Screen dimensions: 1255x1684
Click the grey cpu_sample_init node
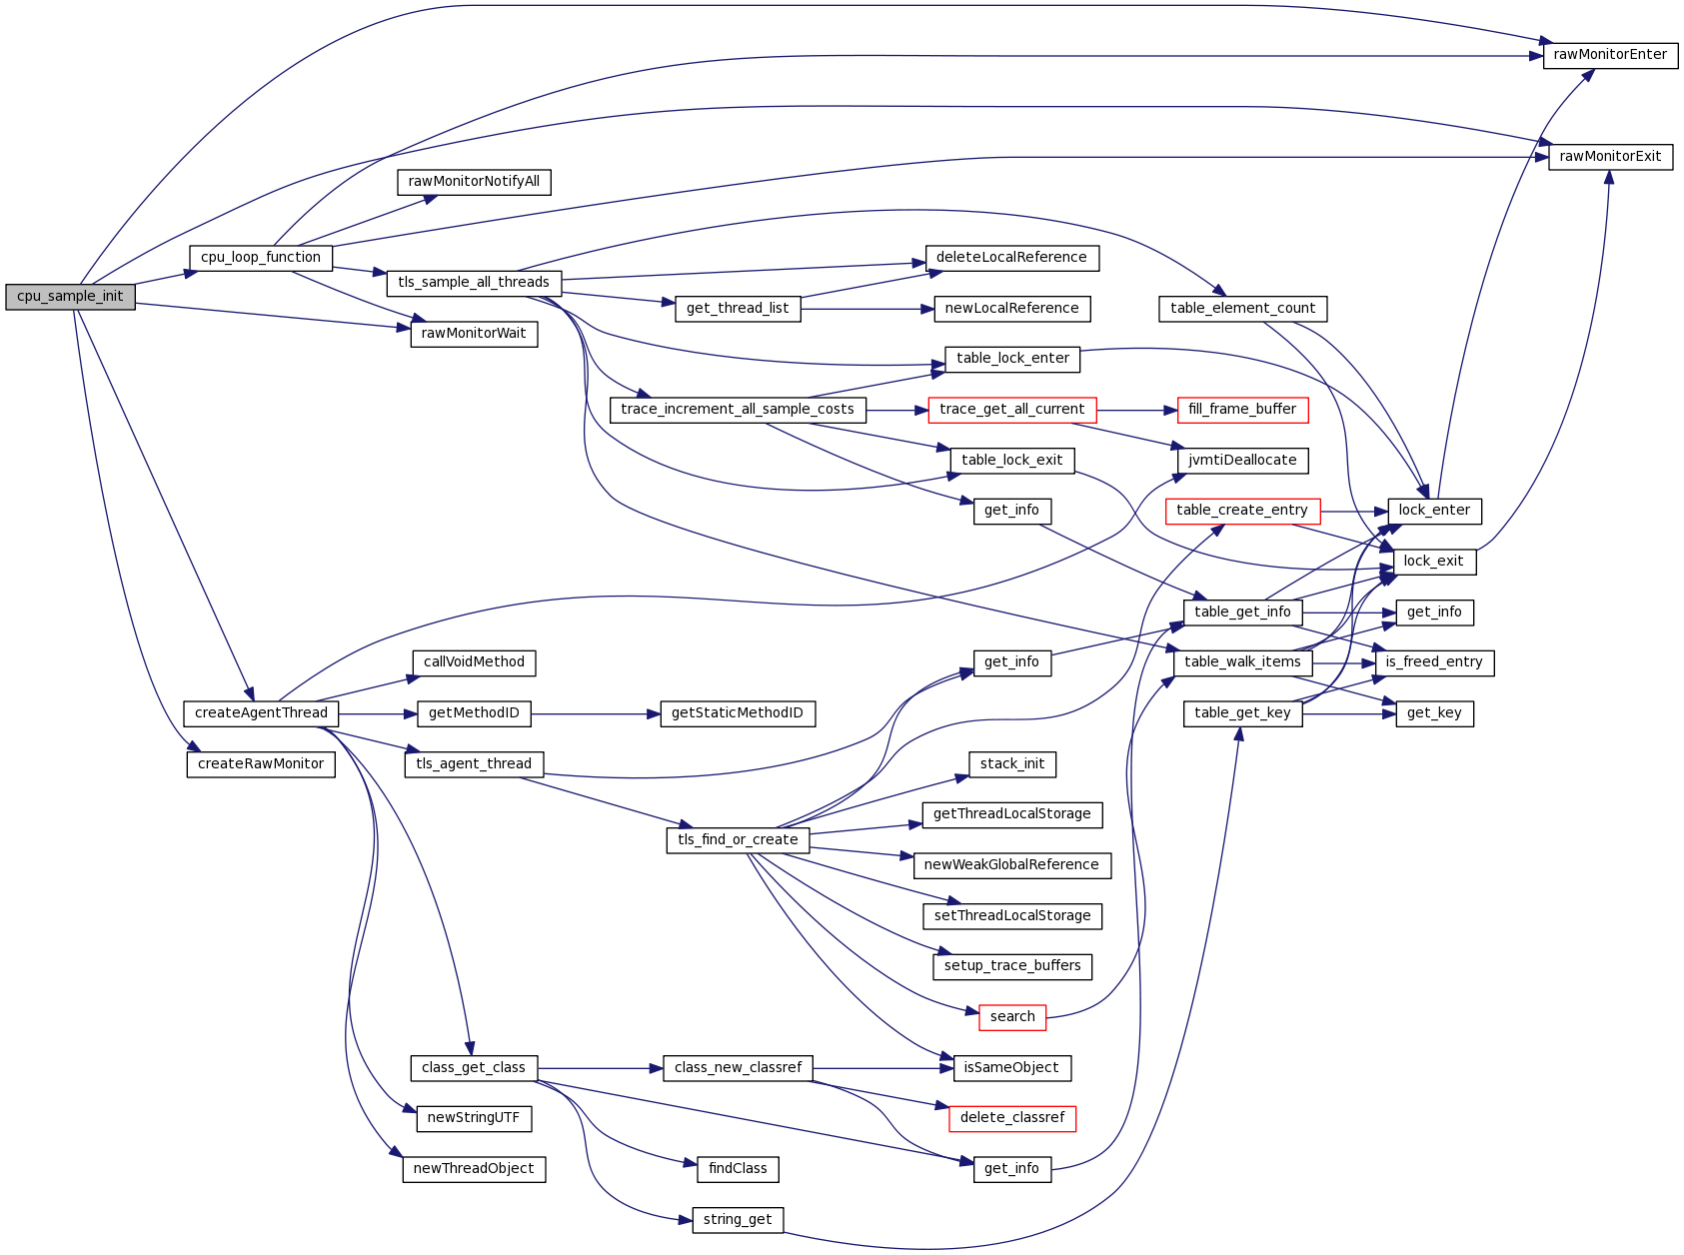tap(70, 297)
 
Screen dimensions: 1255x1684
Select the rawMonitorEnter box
tap(1610, 55)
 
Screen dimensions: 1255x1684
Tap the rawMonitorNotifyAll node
tap(474, 182)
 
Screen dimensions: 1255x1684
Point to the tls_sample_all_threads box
tap(474, 283)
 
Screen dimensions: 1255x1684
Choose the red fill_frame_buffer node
tap(1242, 410)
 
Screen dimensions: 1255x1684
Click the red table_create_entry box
tap(1242, 511)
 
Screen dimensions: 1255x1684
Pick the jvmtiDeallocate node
tap(1242, 461)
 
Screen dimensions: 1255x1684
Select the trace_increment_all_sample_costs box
tap(738, 410)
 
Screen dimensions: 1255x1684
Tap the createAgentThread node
tap(261, 713)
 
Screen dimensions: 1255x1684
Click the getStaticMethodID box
tap(738, 713)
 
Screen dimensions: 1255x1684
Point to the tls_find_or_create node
tap(738, 840)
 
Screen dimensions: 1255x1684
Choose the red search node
tap(1012, 1017)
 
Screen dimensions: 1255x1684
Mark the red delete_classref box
tap(1012, 1118)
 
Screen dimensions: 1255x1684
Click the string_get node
tap(738, 1220)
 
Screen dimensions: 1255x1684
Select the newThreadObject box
tap(474, 1169)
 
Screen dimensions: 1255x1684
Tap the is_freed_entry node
tap(1434, 662)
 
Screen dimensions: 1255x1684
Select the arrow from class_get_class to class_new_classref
tap(600, 1068)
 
